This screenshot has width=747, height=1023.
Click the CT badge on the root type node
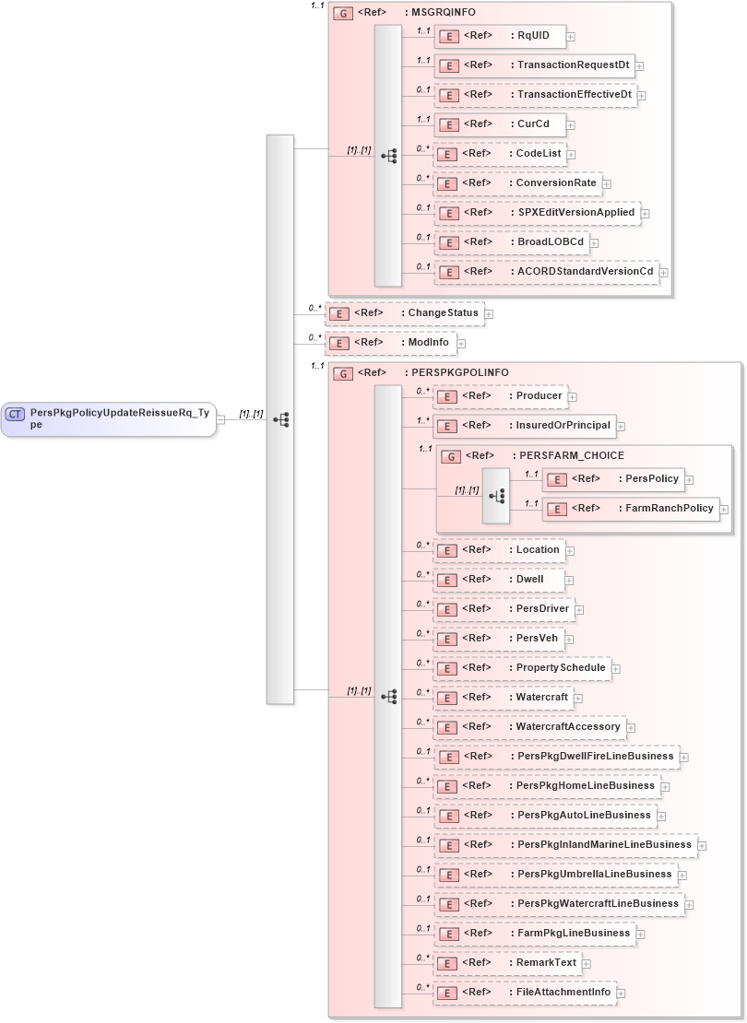point(16,414)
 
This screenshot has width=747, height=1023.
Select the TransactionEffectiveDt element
point(534,95)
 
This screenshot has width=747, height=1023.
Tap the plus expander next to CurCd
point(572,124)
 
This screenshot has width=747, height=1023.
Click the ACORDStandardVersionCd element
point(545,272)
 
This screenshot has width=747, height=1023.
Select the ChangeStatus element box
point(405,313)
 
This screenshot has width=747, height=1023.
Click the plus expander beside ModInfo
point(461,343)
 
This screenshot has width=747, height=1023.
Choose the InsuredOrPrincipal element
point(525,426)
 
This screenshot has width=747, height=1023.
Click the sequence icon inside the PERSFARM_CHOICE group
point(496,495)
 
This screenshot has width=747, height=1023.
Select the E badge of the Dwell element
point(447,580)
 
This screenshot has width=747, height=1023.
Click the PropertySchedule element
point(522,668)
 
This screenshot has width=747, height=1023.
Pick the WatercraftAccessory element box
point(529,727)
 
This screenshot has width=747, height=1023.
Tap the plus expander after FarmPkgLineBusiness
point(641,934)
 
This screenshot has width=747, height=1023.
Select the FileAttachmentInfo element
point(525,993)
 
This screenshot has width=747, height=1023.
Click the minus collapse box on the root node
point(220,419)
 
